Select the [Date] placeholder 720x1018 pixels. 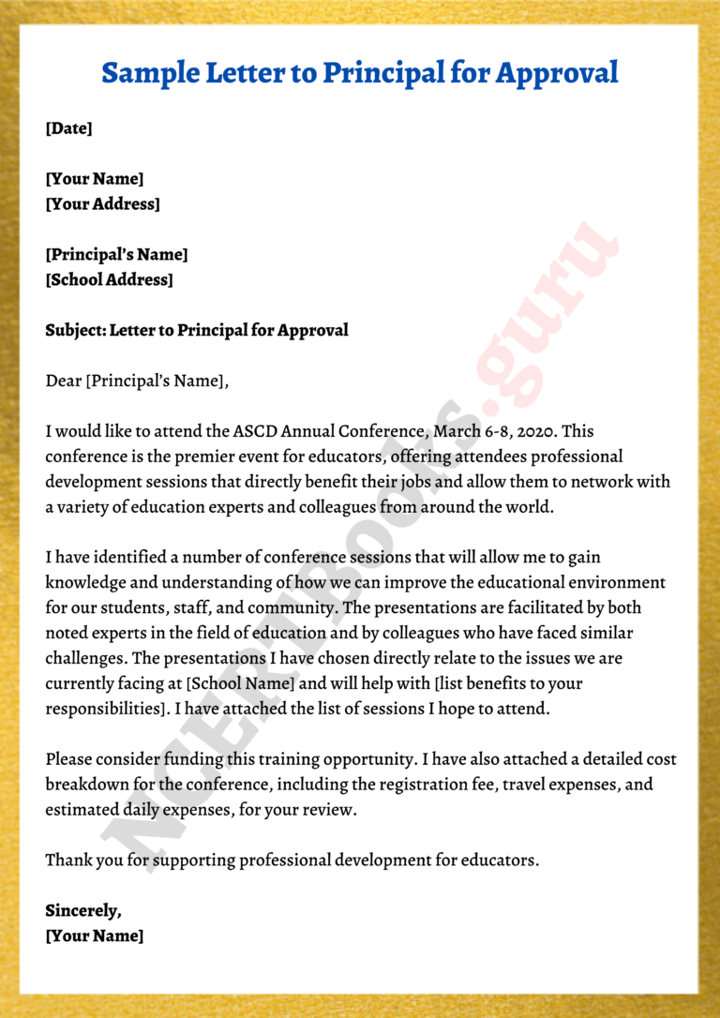point(69,128)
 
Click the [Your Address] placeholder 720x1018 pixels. point(103,203)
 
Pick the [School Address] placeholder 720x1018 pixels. point(110,278)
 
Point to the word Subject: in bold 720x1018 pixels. point(75,329)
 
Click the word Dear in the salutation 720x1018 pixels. point(63,380)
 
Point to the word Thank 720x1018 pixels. point(67,860)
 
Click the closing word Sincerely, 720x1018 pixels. point(83,910)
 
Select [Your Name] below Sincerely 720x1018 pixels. point(95,936)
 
